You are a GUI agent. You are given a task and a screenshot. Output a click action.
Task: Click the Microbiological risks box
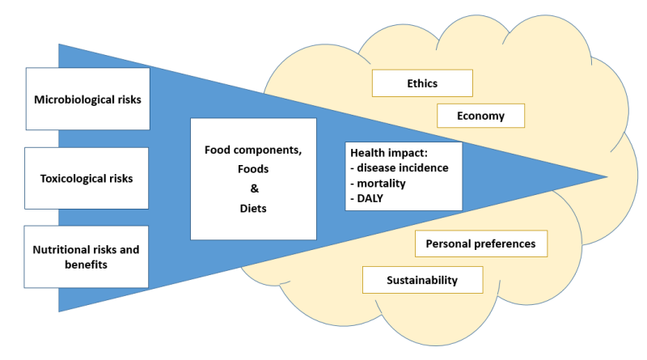(x=87, y=100)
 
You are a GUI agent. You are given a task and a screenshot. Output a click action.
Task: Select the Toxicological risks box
(x=87, y=178)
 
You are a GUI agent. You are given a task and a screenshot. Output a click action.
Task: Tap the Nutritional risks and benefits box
(x=87, y=256)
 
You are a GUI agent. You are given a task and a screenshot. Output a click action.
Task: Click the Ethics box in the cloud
(x=421, y=83)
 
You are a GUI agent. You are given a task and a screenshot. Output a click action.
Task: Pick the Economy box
(x=480, y=116)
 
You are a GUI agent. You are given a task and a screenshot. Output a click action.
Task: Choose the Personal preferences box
(x=480, y=243)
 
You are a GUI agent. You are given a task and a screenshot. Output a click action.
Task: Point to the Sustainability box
(x=422, y=280)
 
